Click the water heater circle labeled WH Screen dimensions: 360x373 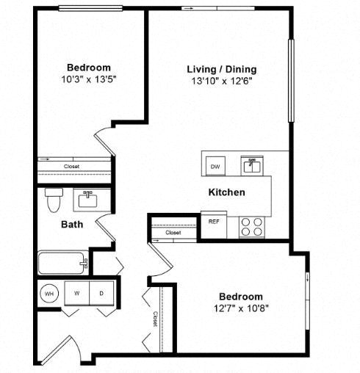(49, 293)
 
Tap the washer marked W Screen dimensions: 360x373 (77, 293)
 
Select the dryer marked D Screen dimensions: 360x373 (101, 293)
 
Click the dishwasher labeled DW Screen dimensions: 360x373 (215, 166)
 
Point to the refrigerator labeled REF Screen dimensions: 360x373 (214, 224)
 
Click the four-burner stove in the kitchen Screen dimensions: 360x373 (252, 227)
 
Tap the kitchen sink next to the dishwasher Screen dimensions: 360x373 (252, 166)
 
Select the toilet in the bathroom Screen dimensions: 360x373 (54, 200)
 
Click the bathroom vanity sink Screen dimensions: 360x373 (87, 200)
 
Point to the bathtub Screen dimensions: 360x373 (63, 263)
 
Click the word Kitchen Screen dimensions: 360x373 (226, 192)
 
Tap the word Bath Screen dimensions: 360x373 (72, 225)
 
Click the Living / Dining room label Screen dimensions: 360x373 (222, 69)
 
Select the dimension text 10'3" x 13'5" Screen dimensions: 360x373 (89, 79)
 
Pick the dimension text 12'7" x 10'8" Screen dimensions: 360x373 (241, 308)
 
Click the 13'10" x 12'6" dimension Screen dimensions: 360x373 (222, 81)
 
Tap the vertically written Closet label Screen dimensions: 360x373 (155, 319)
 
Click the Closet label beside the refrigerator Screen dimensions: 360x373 (173, 233)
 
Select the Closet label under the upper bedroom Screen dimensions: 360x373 (71, 167)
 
